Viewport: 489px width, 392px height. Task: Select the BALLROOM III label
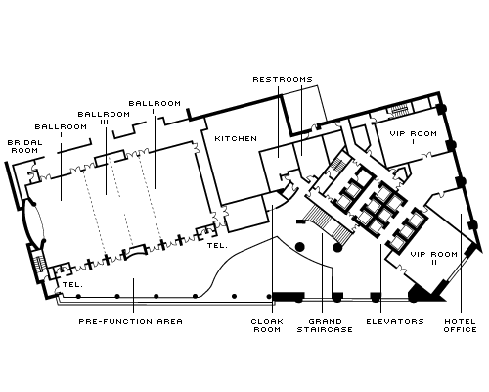click(x=105, y=119)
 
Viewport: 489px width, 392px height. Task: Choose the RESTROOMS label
click(x=283, y=78)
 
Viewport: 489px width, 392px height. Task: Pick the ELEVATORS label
click(x=394, y=321)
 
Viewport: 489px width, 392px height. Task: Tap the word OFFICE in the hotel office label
click(x=461, y=330)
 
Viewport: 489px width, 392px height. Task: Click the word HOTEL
click(x=461, y=321)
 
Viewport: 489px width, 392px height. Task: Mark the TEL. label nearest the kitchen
click(x=217, y=247)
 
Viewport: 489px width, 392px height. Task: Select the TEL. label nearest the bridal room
click(x=71, y=285)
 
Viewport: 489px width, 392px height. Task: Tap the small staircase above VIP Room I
click(x=398, y=108)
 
